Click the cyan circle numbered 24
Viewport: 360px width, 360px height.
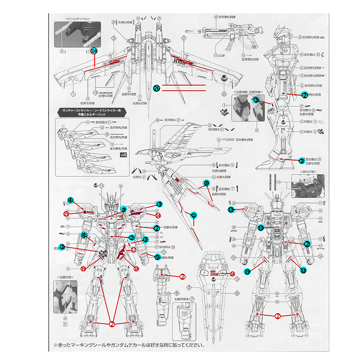point(94,51)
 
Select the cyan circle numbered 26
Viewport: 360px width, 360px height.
point(157,88)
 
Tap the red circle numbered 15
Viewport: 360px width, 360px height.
point(66,214)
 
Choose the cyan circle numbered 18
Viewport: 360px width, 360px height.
point(304,270)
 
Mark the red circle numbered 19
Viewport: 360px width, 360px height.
point(83,269)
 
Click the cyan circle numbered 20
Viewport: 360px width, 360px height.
point(206,183)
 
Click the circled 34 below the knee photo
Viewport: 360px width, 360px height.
point(65,318)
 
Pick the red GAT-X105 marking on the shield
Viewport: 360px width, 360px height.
point(215,273)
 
